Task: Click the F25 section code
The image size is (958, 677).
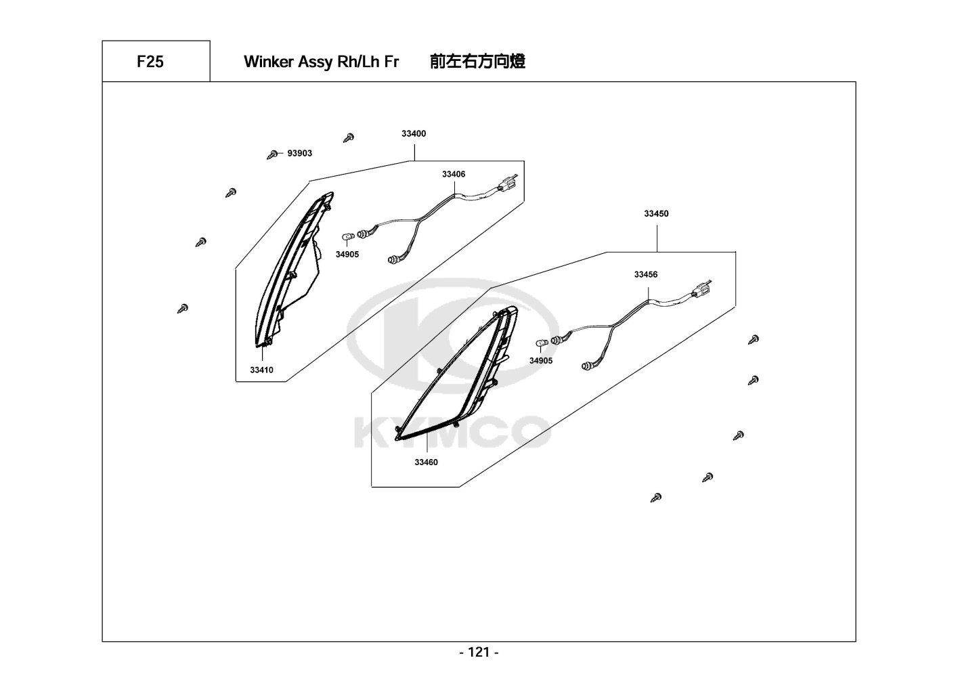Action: click(x=150, y=62)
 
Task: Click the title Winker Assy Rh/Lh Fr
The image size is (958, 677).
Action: click(x=321, y=62)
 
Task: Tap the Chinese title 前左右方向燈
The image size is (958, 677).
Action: click(x=477, y=62)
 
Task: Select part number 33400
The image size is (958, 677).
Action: click(x=414, y=134)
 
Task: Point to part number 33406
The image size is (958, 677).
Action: click(x=454, y=175)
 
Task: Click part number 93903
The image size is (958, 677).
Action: click(x=300, y=154)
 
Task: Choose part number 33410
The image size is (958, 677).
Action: click(x=262, y=370)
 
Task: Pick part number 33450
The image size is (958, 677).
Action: click(x=656, y=214)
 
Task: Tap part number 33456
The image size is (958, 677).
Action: click(x=646, y=275)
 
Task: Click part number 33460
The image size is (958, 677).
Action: click(x=427, y=462)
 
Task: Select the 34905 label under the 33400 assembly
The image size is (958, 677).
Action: click(x=347, y=255)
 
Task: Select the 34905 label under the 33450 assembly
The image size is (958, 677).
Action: click(x=541, y=361)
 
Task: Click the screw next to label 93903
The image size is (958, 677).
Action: click(x=274, y=154)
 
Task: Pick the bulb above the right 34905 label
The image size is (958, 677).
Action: click(x=542, y=343)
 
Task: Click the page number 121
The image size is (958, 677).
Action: click(x=479, y=653)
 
